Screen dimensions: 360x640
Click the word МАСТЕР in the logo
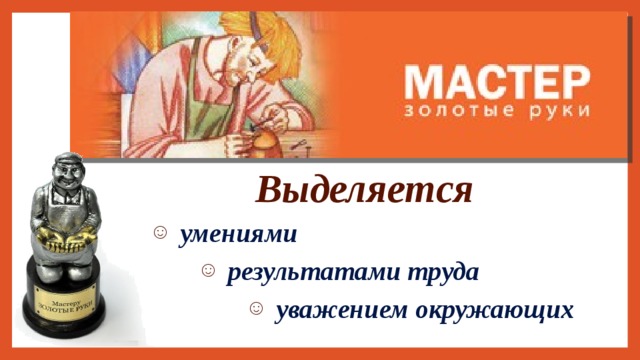pyautogui.click(x=498, y=80)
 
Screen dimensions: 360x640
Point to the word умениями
pyautogui.click(x=237, y=235)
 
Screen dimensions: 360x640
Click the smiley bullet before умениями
pyautogui.click(x=160, y=235)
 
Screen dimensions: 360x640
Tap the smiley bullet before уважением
pyautogui.click(x=256, y=310)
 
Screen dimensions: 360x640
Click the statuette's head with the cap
pyautogui.click(x=69, y=170)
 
